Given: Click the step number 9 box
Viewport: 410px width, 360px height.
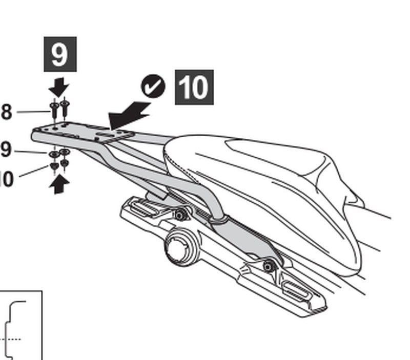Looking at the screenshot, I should [x=59, y=54].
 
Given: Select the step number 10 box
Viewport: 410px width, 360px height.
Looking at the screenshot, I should [x=194, y=88].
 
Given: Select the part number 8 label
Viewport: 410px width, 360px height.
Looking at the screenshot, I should [x=6, y=112].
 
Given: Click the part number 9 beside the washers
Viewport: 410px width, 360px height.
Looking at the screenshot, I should [x=5, y=150].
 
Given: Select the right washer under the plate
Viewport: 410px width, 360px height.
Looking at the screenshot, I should [x=65, y=152].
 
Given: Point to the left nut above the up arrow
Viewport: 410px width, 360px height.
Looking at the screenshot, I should [x=54, y=166].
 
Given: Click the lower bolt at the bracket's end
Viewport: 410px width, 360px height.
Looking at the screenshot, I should [x=268, y=266].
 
